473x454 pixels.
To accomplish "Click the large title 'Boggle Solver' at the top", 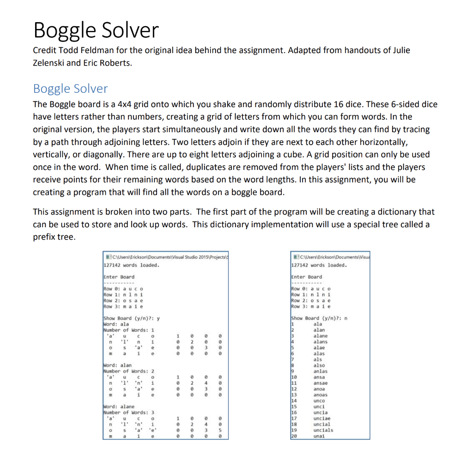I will pos(96,30).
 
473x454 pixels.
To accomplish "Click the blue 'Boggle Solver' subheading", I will pos(70,89).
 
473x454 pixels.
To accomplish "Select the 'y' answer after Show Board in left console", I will pos(158,318).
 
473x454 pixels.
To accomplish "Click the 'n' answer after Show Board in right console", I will pos(346,318).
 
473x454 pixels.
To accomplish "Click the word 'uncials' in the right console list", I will pos(323,430).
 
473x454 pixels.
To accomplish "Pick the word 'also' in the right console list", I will pos(319,365).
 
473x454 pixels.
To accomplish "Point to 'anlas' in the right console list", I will pos(320,371).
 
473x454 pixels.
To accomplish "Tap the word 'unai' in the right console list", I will pos(319,436).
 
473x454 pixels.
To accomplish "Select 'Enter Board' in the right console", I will pos(306,277).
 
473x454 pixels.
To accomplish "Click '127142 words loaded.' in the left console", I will pos(131,265).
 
